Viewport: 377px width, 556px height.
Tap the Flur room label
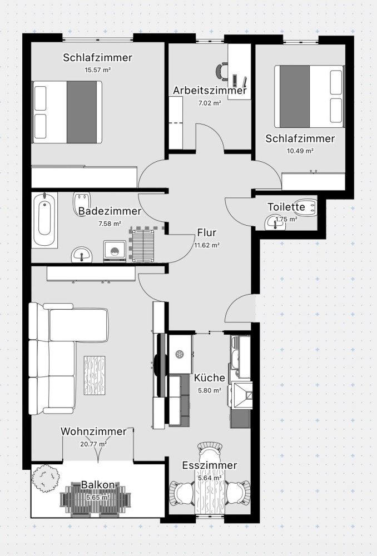point(206,233)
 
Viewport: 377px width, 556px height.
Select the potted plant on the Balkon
point(46,476)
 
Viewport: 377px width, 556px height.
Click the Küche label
point(210,378)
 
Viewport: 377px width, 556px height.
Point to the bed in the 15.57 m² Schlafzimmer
point(68,112)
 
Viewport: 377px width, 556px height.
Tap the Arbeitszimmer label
point(210,91)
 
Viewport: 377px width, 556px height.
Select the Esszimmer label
point(210,465)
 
